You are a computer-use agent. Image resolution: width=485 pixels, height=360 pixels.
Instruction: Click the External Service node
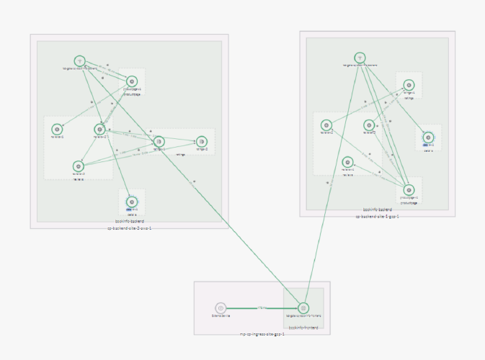pos(221,307)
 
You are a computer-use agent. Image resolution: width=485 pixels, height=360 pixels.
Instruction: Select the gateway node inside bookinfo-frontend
pos(303,307)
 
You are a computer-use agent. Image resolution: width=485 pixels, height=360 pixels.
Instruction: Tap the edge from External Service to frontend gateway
pos(262,307)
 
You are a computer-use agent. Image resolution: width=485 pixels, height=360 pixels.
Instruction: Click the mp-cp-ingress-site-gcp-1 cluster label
pos(262,334)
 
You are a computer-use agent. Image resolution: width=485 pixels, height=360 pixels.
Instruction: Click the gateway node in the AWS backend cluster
pos(80,61)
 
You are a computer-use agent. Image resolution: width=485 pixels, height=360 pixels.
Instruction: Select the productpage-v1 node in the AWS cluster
pos(132,81)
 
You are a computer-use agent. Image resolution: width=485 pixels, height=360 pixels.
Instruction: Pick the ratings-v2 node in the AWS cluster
pos(202,141)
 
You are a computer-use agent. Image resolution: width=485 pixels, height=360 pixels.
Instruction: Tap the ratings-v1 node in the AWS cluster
pos(159,141)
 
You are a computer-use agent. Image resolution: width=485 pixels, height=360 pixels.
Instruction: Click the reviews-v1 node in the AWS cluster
pos(57,129)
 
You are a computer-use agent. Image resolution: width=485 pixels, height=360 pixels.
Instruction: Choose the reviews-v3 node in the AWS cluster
pos(79,166)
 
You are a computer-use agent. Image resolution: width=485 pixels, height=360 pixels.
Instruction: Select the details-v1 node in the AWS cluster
pos(131,202)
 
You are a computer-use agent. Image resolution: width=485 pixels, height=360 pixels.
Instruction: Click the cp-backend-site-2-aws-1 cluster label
pos(130,228)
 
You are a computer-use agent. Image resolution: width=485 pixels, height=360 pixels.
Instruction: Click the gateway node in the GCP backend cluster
pos(360,58)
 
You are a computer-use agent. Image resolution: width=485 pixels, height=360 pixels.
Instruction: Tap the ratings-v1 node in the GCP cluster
pos(409,85)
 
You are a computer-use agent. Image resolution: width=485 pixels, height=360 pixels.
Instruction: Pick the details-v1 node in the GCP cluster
pos(428,137)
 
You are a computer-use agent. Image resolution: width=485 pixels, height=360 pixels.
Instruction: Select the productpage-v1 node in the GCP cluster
pos(409,190)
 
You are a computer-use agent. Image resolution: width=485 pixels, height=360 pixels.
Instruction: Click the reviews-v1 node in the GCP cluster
pos(347,162)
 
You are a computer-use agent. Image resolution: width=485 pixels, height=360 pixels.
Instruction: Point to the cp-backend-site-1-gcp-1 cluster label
pos(377,215)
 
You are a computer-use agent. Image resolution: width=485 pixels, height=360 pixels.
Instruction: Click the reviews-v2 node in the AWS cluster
pos(99,129)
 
